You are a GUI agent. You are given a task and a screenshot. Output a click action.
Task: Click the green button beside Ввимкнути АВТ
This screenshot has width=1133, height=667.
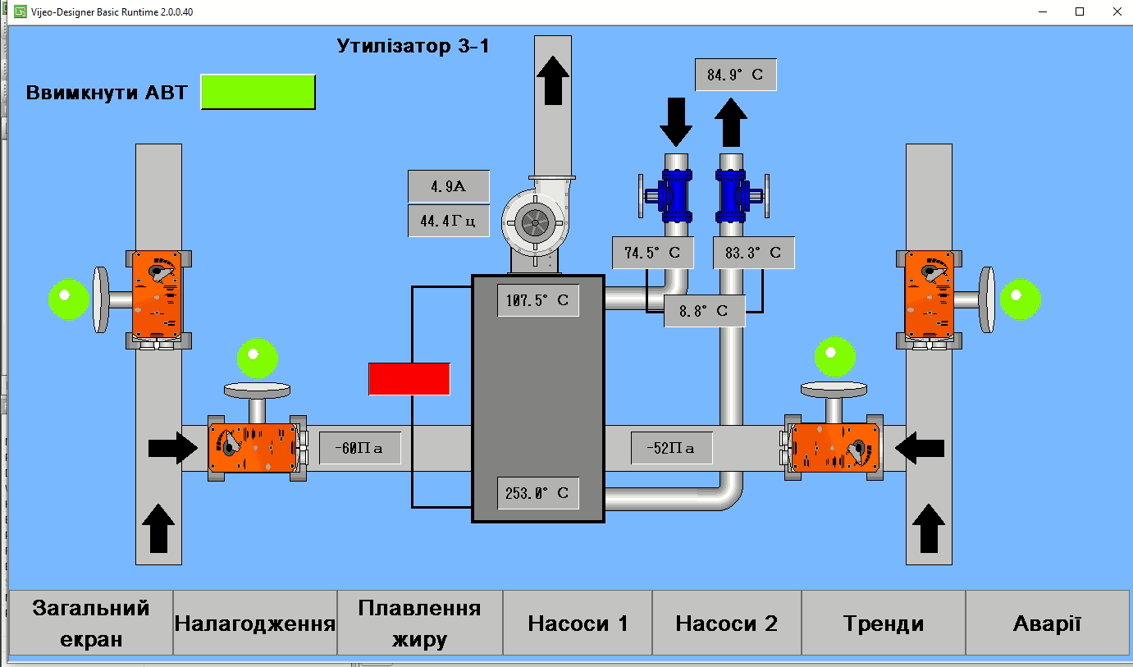click(258, 92)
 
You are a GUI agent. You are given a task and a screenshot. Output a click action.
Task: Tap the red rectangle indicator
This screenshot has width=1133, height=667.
click(409, 378)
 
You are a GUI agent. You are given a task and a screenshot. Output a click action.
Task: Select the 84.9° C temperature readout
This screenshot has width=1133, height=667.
click(735, 75)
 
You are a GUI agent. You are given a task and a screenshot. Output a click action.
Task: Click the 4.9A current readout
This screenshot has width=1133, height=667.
click(448, 186)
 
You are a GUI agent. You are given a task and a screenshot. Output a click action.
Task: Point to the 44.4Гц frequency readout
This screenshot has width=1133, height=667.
click(448, 221)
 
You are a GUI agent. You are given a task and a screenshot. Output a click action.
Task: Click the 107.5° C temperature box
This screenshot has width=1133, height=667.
click(537, 300)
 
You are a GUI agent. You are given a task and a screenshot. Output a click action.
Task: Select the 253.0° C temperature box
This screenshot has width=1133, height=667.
click(537, 493)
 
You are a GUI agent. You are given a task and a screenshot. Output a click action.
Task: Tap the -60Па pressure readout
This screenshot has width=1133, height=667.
click(359, 448)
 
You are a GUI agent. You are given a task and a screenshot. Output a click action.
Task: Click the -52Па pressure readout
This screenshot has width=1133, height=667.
click(671, 448)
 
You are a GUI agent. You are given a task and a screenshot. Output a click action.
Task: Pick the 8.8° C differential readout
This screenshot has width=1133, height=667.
click(704, 311)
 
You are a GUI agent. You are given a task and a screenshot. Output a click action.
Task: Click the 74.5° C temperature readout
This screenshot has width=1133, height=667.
click(652, 253)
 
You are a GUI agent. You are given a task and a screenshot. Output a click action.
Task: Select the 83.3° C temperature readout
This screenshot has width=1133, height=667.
click(753, 253)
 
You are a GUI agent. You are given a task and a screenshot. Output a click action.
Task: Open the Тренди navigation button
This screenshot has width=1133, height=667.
click(883, 624)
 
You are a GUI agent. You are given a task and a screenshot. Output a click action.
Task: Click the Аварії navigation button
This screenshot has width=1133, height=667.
click(1047, 624)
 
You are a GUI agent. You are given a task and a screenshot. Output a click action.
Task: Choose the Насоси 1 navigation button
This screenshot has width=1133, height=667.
click(578, 624)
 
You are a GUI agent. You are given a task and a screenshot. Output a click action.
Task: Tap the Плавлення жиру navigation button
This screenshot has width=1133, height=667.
click(419, 624)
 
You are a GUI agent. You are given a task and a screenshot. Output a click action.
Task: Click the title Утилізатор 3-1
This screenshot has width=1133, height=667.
click(413, 46)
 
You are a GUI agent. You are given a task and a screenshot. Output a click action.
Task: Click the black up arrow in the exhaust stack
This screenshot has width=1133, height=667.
click(554, 80)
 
